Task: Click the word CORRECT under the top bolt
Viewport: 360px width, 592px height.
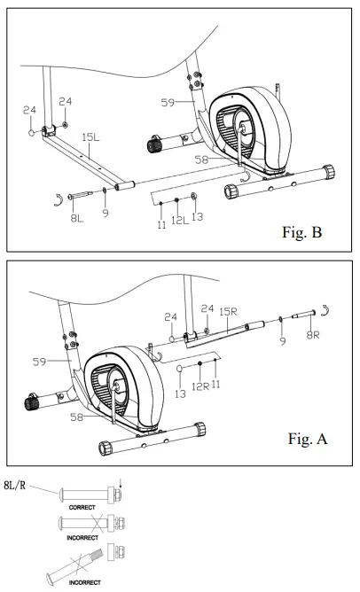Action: coord(82,508)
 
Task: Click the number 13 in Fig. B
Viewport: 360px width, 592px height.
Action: coord(197,217)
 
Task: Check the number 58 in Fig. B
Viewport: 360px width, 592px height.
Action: coord(201,160)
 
